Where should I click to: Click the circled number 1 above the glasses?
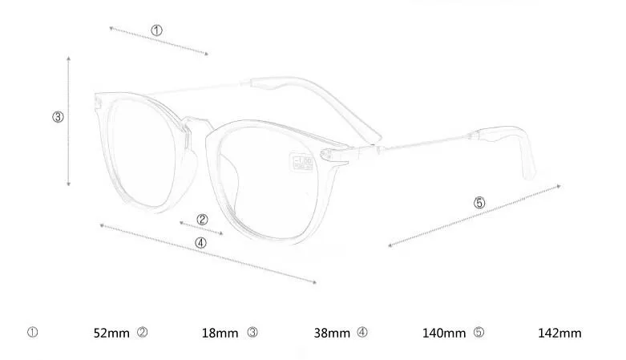point(156,30)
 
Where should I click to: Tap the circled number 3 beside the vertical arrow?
point(58,117)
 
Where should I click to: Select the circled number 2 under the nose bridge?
point(202,219)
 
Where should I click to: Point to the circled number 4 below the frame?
point(200,242)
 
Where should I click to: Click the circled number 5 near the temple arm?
point(479,203)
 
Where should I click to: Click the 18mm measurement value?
point(219,333)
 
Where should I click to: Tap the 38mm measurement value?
point(331,333)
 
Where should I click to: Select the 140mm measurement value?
point(443,333)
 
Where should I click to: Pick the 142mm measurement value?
point(559,333)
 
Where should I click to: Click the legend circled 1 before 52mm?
point(33,332)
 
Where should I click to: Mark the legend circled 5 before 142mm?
point(479,332)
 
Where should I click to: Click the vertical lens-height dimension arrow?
point(70,120)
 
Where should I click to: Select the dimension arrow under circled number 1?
point(159,42)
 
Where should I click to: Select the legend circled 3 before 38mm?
point(252,332)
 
